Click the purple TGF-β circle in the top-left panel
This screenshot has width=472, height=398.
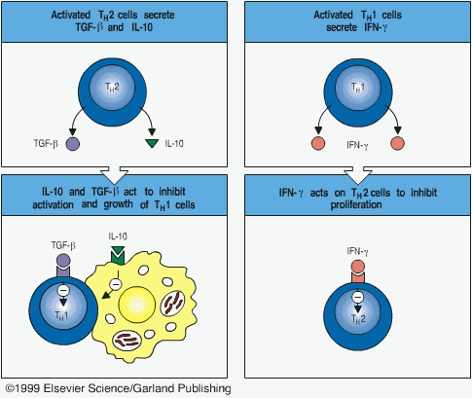tap(73, 144)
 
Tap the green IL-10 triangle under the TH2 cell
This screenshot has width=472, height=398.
tap(152, 143)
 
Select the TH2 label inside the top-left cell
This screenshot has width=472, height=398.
tap(112, 88)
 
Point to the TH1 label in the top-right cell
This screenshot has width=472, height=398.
tap(358, 88)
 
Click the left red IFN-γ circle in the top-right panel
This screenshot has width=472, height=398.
tap(318, 144)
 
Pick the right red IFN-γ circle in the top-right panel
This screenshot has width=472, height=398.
tap(397, 144)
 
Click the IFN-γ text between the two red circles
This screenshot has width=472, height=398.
tap(357, 145)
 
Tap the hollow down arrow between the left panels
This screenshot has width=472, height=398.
tap(115, 175)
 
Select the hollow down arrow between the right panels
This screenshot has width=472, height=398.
tap(358, 175)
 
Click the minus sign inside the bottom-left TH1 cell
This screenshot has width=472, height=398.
tap(63, 290)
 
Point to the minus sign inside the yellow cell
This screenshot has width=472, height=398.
tap(116, 284)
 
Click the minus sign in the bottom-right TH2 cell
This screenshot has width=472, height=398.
tap(358, 297)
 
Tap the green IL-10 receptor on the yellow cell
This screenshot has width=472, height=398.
tap(118, 255)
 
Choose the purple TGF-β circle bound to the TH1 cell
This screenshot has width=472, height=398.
tap(63, 261)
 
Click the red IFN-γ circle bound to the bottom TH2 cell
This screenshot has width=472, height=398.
tap(358, 267)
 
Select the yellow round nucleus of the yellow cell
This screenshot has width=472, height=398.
tap(137, 305)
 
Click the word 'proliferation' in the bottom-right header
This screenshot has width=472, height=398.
tap(356, 204)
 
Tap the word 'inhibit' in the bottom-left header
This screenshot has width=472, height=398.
tap(172, 192)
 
